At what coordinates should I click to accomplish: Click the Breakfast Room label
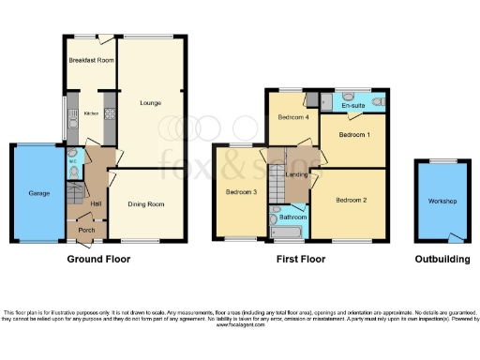pos(91,60)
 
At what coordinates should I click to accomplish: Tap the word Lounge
pos(149,102)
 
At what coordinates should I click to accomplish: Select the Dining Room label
pos(146,204)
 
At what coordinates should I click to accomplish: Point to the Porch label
pos(86,232)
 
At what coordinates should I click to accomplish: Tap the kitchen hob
pos(109,116)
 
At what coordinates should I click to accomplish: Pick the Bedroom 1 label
pos(353,136)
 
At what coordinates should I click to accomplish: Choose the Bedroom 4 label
pos(293,117)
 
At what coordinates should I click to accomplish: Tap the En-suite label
pos(352,106)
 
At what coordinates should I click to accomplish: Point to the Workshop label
pos(442,202)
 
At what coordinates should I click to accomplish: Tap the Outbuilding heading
pos(441,257)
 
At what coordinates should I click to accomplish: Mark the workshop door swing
pos(456,235)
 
